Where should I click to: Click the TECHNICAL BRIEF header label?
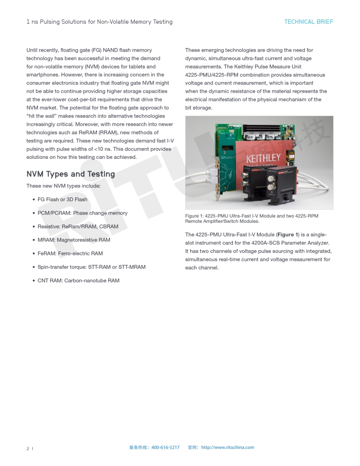coord(308,22)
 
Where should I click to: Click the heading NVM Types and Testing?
coord(71,174)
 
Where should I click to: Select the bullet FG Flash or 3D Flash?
coord(62,199)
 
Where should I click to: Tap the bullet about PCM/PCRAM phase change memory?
coord(82,213)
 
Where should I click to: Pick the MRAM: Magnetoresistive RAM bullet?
coord(74,240)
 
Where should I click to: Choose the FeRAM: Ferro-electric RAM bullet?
coord(70,253)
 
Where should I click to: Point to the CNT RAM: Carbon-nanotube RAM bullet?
coord(78,281)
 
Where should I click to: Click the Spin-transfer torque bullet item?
coord(91,267)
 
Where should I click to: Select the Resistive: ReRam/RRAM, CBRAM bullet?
coord(78,226)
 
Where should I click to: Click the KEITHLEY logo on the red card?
coord(263,158)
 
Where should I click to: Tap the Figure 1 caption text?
coord(251,218)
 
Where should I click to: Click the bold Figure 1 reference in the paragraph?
coord(288,235)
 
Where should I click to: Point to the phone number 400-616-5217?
coord(165,447)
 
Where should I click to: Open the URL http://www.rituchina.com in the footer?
coord(227,447)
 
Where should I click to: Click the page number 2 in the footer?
coord(28,448)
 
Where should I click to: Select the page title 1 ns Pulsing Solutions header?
coord(99,22)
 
